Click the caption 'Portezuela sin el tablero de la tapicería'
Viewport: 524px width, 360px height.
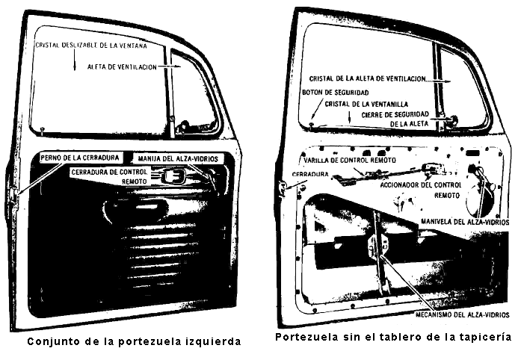tap(392, 337)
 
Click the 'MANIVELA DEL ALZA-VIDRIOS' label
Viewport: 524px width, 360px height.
tap(464, 222)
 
